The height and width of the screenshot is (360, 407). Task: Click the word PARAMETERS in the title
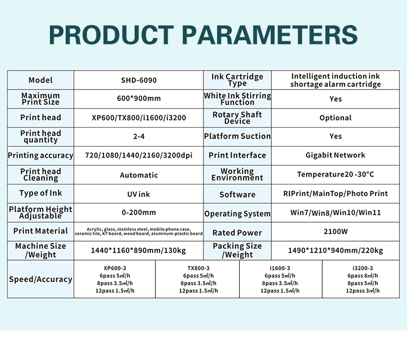coord(270,35)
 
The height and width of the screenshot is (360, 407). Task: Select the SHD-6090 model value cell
coord(139,80)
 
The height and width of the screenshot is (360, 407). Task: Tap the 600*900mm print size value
coord(139,98)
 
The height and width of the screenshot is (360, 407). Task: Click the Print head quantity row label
coord(41,137)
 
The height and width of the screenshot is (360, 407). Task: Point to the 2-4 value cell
coord(139,136)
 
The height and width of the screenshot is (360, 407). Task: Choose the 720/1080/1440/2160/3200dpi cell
coord(139,155)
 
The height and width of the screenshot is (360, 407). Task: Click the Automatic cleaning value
coord(139,175)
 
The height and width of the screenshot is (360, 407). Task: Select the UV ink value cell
coord(138,194)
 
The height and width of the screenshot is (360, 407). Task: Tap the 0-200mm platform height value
coord(139,212)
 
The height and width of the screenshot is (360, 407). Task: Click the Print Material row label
coord(41,231)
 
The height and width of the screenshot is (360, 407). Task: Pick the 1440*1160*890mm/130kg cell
coord(138,250)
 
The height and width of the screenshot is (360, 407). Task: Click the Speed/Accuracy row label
coord(41,279)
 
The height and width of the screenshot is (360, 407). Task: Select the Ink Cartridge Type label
coord(237,80)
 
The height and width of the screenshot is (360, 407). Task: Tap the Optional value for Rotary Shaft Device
coord(335,118)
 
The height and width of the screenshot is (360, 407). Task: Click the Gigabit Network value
coord(335,155)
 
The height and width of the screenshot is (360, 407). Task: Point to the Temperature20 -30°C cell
coord(335,174)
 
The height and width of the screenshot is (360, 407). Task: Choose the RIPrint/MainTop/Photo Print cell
coord(335,193)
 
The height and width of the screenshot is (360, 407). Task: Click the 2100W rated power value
coord(335,231)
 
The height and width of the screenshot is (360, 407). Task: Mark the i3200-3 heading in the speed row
coord(363,268)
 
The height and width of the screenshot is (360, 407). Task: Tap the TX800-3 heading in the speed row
coord(198,268)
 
